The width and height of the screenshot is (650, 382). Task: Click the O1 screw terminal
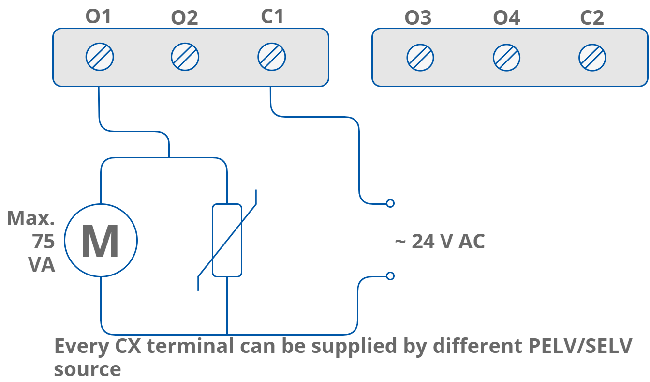click(x=100, y=57)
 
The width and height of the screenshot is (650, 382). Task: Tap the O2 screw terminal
click(x=185, y=57)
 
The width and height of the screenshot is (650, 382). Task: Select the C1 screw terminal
click(x=271, y=57)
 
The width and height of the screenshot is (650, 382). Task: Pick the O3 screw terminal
click(x=420, y=58)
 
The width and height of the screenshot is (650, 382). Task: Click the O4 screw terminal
click(x=506, y=58)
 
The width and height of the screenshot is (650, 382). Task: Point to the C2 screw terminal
click(x=592, y=58)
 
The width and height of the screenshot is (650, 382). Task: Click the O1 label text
click(x=98, y=17)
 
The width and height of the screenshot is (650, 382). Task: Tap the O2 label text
click(x=184, y=18)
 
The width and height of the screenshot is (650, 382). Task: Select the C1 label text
click(x=272, y=17)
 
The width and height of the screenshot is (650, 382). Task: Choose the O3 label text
click(x=418, y=18)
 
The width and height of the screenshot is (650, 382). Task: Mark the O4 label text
click(x=506, y=18)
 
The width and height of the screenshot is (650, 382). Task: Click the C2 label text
click(x=592, y=18)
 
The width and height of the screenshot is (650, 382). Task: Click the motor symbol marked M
click(x=101, y=241)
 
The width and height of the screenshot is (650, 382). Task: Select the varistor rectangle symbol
click(x=227, y=240)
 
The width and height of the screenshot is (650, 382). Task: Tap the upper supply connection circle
click(x=390, y=203)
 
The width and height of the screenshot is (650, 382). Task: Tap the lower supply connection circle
click(x=390, y=276)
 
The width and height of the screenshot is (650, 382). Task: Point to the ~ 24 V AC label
click(x=440, y=241)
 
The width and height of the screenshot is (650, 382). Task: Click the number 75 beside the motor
click(x=44, y=241)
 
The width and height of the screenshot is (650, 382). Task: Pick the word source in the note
click(x=87, y=369)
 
